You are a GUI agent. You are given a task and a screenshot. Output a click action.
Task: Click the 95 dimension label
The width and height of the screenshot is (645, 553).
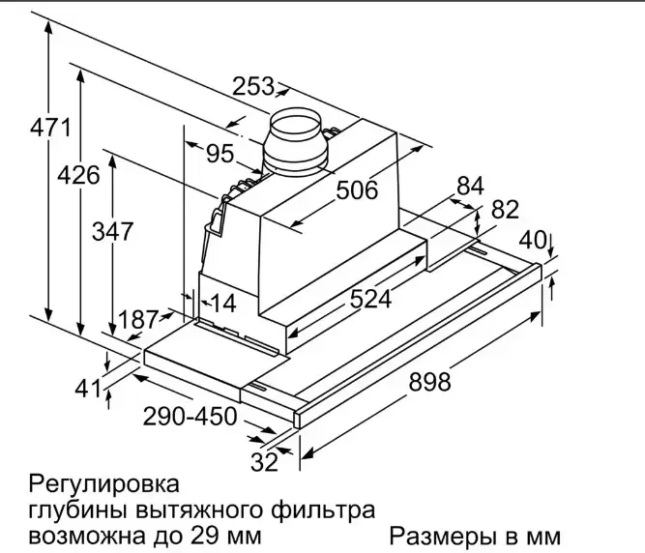(220, 153)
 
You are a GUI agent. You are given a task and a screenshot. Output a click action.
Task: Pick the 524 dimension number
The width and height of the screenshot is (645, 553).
(370, 299)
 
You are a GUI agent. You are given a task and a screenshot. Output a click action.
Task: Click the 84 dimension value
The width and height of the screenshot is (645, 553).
(469, 186)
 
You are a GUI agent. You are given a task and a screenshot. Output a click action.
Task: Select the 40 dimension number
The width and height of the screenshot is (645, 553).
(533, 239)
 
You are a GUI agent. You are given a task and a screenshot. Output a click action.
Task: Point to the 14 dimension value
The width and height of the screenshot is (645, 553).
(222, 303)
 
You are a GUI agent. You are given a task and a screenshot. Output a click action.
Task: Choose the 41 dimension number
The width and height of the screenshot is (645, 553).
(89, 389)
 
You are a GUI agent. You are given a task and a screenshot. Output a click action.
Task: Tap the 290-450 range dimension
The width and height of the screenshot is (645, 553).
(190, 418)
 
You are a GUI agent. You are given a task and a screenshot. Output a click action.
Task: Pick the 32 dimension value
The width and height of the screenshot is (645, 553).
(264, 462)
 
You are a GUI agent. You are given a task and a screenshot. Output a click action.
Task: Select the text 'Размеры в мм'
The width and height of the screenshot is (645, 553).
(475, 536)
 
